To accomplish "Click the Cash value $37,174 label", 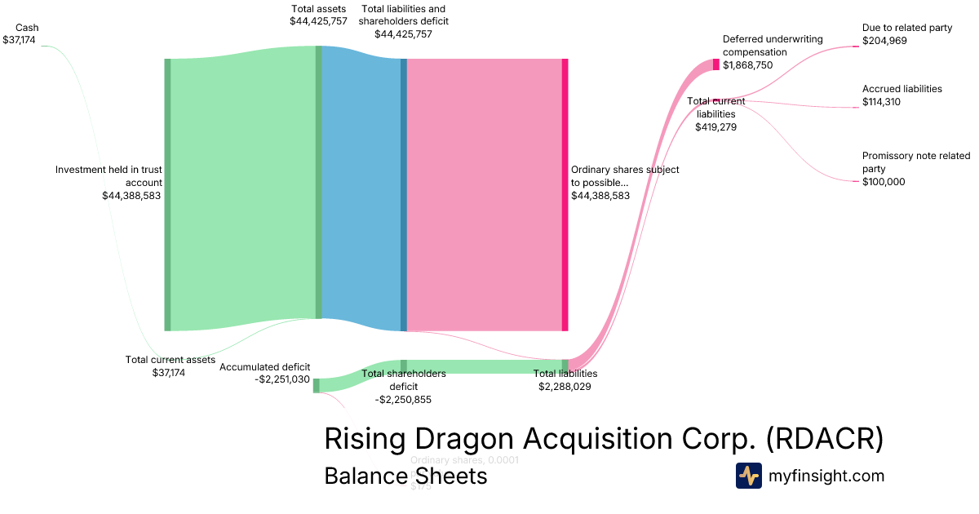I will pyautogui.click(x=20, y=39).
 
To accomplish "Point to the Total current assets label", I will pyautogui.click(x=170, y=360).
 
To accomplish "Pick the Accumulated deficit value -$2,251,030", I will pyautogui.click(x=282, y=379).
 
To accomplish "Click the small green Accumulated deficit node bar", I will pyautogui.click(x=317, y=385).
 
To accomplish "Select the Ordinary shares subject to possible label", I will pyautogui.click(x=624, y=176).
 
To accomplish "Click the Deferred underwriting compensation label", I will pyautogui.click(x=773, y=46).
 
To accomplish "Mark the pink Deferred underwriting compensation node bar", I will pyautogui.click(x=716, y=64).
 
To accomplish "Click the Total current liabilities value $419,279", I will pyautogui.click(x=716, y=126).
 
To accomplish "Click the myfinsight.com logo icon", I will pyautogui.click(x=748, y=476).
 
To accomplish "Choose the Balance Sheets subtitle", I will pyautogui.click(x=405, y=476).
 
